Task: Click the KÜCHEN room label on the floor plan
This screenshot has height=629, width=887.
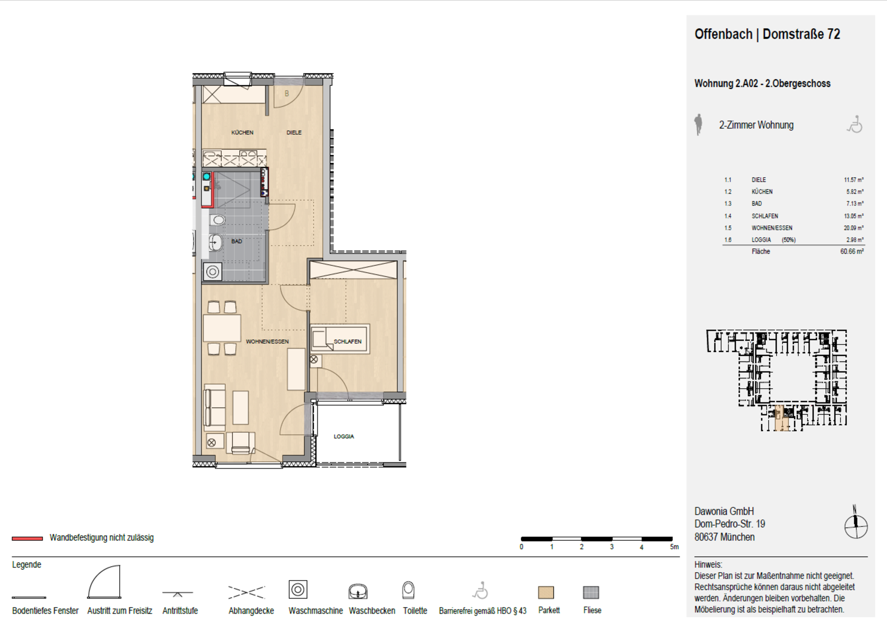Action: (242, 133)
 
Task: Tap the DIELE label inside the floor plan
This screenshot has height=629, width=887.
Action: (294, 133)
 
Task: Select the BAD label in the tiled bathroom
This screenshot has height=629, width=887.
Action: (237, 241)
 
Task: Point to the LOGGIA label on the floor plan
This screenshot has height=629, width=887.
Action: (344, 436)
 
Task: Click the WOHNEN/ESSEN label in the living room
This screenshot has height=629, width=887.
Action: (267, 342)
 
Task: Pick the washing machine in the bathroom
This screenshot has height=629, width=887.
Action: (213, 272)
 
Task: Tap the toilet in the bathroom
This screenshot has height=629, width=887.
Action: (218, 220)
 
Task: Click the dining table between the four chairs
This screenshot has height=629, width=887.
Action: (222, 328)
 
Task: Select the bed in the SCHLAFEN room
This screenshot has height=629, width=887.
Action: (340, 339)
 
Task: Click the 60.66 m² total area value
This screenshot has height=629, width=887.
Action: (852, 251)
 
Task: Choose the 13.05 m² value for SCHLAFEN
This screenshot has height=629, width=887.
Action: (854, 216)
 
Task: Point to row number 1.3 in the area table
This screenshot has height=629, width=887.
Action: (728, 204)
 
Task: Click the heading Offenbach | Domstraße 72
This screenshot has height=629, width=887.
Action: (767, 34)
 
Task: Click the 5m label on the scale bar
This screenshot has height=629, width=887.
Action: (674, 547)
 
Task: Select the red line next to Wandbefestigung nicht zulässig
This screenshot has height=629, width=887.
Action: (27, 538)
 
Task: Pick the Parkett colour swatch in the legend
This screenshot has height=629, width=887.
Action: (546, 592)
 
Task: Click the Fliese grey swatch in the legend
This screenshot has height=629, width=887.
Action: (591, 592)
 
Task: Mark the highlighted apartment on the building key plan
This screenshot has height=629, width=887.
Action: (782, 419)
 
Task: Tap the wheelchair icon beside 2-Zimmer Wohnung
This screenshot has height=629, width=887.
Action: (855, 124)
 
